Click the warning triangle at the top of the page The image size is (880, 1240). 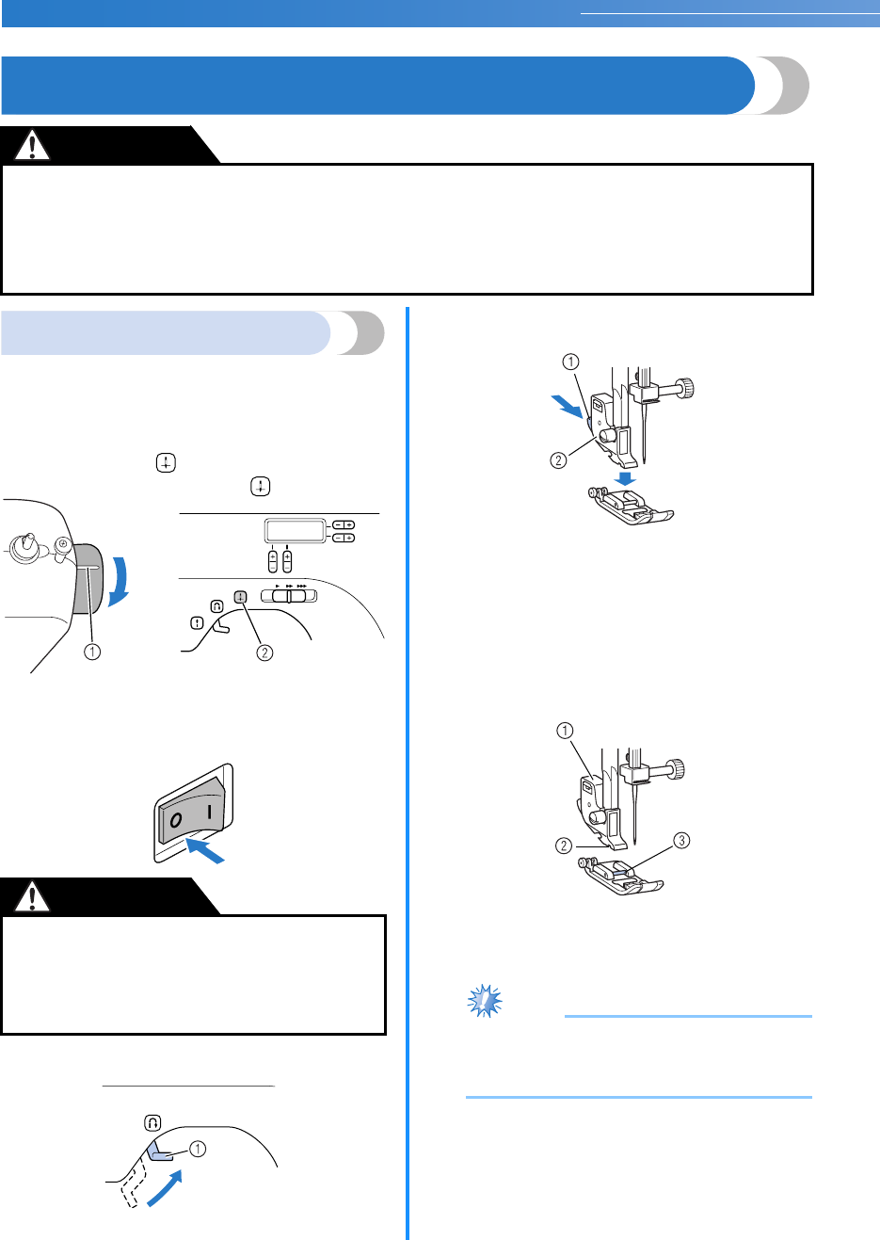[x=33, y=145]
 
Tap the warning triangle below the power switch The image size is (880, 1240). [x=33, y=896]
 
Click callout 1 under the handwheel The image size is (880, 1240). [x=91, y=652]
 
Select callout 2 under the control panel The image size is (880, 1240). [x=264, y=652]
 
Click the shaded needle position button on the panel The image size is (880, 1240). [x=240, y=596]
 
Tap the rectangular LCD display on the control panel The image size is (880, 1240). [x=295, y=531]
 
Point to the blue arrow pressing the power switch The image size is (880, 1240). [x=206, y=850]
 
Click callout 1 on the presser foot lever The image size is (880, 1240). [x=198, y=1149]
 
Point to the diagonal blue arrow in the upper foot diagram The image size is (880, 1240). [x=568, y=405]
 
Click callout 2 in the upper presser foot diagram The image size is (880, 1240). [x=558, y=460]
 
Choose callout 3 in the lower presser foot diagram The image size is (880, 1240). [x=682, y=840]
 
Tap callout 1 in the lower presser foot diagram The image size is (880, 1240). [x=564, y=731]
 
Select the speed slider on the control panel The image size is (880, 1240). [x=289, y=596]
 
